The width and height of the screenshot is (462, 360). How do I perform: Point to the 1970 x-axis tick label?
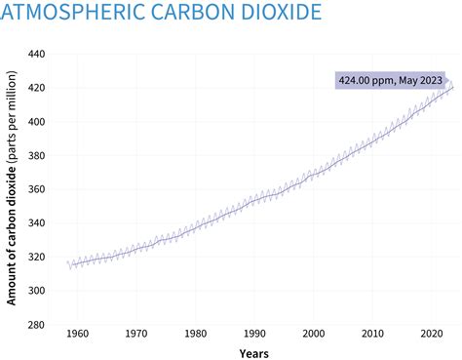pyautogui.click(x=137, y=333)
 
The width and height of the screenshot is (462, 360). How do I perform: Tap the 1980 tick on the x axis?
pyautogui.click(x=196, y=333)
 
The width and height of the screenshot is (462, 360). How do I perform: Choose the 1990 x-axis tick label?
pyautogui.click(x=255, y=333)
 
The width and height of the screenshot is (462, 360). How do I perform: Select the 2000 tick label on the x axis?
pyautogui.click(x=315, y=333)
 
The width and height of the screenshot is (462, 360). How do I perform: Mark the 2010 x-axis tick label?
pyautogui.click(x=373, y=333)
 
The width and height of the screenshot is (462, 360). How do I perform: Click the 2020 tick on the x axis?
pyautogui.click(x=432, y=333)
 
